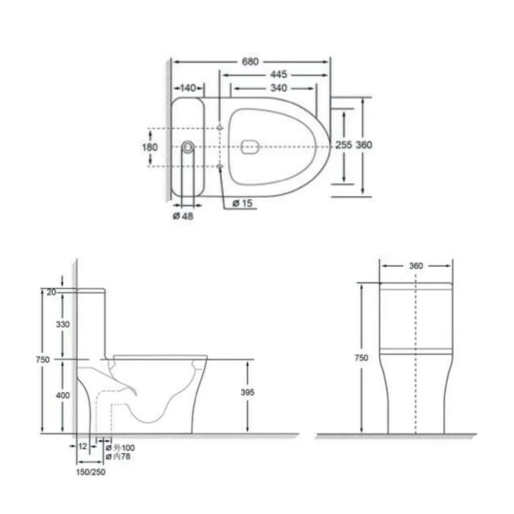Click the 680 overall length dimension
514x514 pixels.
[x=250, y=62]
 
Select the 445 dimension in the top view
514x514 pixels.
[x=278, y=75]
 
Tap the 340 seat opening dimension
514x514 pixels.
[x=279, y=88]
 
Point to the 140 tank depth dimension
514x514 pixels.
[x=188, y=88]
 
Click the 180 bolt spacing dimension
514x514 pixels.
[x=150, y=147]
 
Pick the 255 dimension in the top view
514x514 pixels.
[x=344, y=145]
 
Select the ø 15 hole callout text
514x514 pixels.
[x=242, y=203]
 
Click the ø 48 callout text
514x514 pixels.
[x=183, y=216]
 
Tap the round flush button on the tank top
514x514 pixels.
[x=188, y=146]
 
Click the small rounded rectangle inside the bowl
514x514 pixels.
[x=251, y=146]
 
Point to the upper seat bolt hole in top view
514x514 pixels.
[x=220, y=128]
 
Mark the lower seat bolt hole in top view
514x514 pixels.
[x=220, y=166]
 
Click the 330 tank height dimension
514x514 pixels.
[x=63, y=324]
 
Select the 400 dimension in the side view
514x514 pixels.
[x=63, y=395]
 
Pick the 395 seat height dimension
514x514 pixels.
[x=248, y=392]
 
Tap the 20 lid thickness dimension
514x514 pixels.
[x=51, y=292]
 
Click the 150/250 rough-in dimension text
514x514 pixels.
[x=91, y=472]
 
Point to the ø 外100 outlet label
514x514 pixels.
[x=120, y=448]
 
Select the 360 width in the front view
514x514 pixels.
[x=415, y=266]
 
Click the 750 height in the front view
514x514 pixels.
[x=362, y=358]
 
